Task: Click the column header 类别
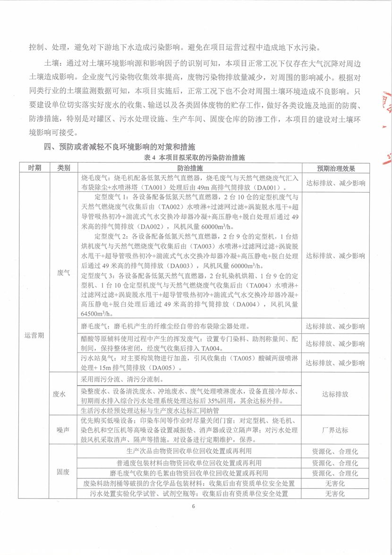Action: [64, 168]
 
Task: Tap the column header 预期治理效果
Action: [335, 168]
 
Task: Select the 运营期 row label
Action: [34, 335]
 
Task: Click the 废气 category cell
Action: [64, 273]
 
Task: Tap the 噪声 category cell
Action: [64, 430]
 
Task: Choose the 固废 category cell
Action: [64, 472]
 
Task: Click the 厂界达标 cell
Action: [335, 430]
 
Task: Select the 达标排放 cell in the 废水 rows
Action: [335, 394]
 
